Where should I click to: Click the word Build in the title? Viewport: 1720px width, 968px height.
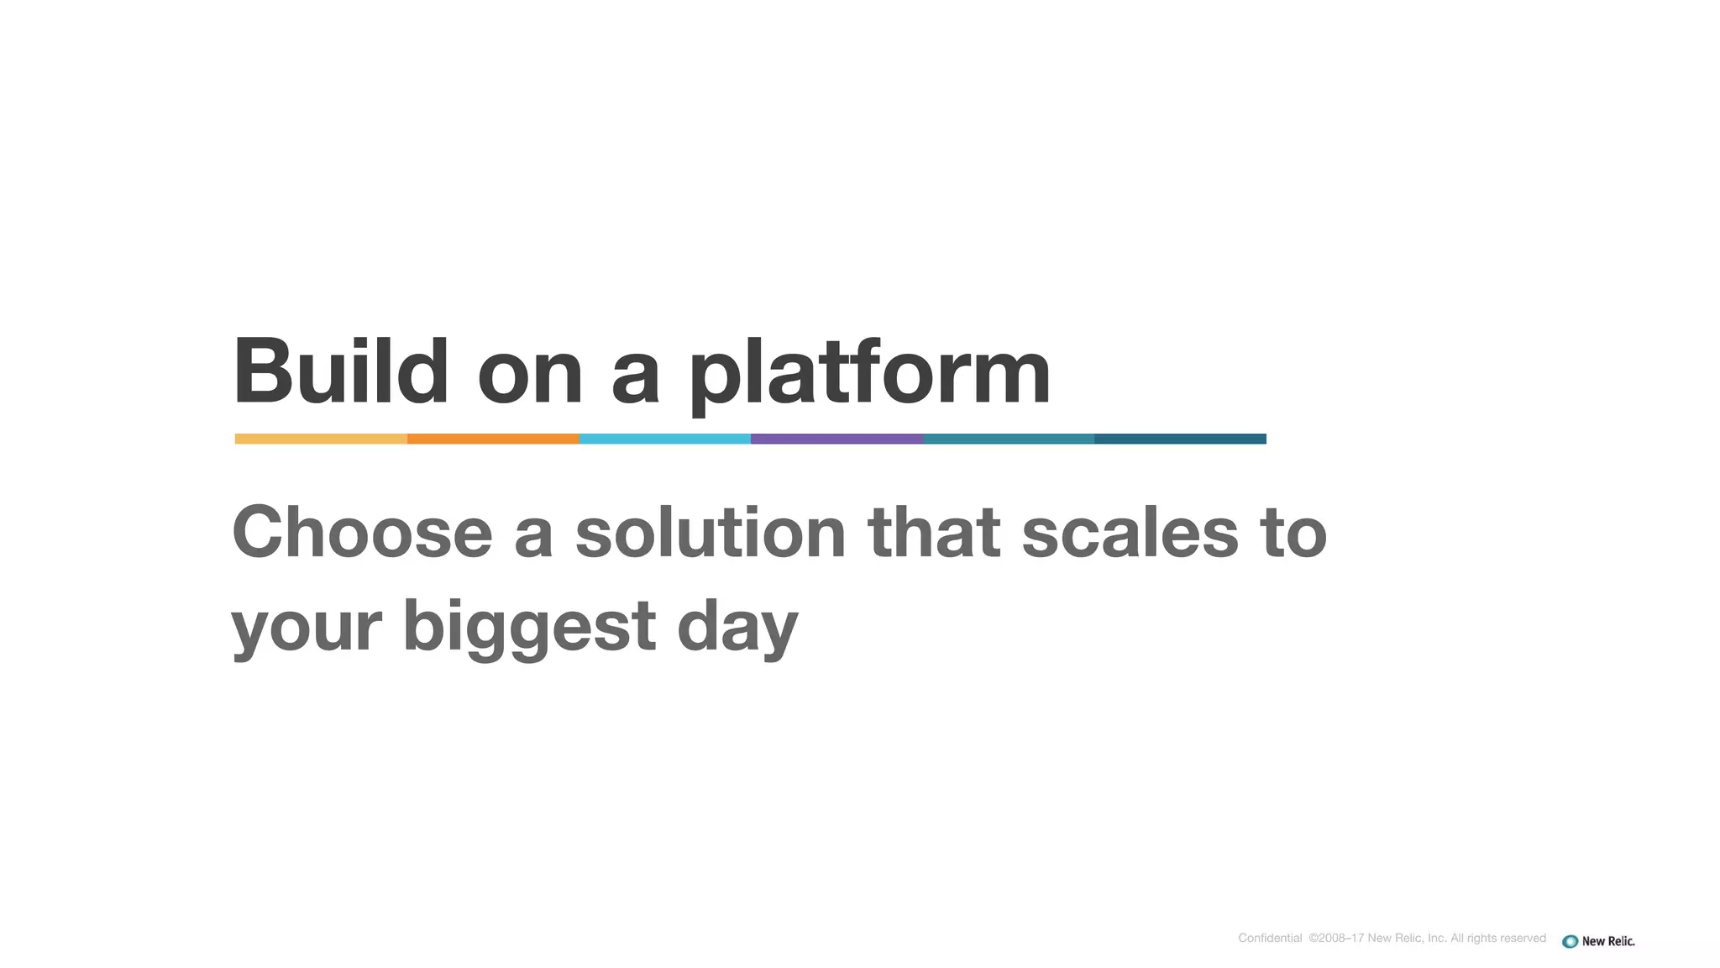340,371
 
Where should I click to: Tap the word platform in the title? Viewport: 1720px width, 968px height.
869,374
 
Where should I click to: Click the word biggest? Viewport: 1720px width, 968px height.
529,627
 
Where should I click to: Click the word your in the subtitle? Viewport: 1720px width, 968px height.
307,629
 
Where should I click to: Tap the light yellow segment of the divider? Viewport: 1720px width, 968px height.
321,439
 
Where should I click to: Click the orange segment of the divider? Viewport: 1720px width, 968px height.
493,439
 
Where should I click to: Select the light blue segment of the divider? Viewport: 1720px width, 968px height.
664,439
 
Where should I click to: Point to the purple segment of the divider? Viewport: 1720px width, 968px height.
836,439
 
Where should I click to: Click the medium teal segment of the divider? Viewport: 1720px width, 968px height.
1009,439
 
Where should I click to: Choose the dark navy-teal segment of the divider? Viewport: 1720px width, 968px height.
1180,439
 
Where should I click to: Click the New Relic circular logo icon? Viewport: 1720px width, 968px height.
1570,941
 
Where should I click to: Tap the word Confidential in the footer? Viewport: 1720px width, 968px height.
1270,938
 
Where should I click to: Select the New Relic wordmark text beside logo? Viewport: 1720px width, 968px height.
1608,941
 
